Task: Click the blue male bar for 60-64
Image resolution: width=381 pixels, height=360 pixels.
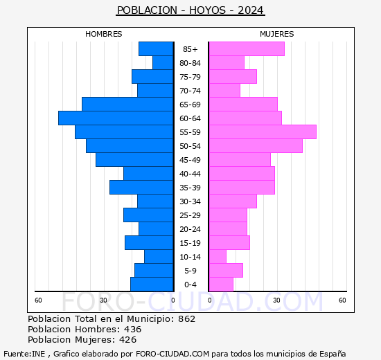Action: (x=116, y=118)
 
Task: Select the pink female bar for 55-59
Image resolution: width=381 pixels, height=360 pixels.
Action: (x=262, y=132)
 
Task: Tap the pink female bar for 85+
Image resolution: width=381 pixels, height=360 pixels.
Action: (x=246, y=49)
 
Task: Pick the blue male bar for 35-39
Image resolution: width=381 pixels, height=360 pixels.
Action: (x=141, y=188)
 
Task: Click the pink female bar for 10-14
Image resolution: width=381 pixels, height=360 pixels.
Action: (x=217, y=257)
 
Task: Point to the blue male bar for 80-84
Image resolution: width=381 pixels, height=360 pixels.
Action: (x=163, y=63)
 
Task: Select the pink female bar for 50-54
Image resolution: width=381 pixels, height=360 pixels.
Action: (x=255, y=146)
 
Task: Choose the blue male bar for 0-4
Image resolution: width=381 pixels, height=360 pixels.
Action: (x=152, y=285)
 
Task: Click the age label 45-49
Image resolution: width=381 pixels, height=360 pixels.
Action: (x=190, y=160)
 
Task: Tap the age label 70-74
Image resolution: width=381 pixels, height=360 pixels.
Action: (x=190, y=91)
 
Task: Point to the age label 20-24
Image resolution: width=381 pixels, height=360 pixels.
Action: (x=190, y=229)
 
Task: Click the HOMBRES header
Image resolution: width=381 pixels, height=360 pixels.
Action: (x=104, y=34)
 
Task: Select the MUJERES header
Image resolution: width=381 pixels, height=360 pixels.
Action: (x=276, y=34)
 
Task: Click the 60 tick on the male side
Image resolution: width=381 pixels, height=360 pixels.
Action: (x=39, y=300)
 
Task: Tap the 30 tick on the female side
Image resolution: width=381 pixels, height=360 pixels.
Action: (x=276, y=300)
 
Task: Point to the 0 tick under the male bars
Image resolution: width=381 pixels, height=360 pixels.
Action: (x=172, y=300)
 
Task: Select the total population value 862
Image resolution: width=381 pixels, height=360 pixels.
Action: (x=186, y=319)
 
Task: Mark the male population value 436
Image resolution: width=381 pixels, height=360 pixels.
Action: (x=132, y=330)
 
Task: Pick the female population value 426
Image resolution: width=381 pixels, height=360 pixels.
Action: (x=127, y=340)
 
